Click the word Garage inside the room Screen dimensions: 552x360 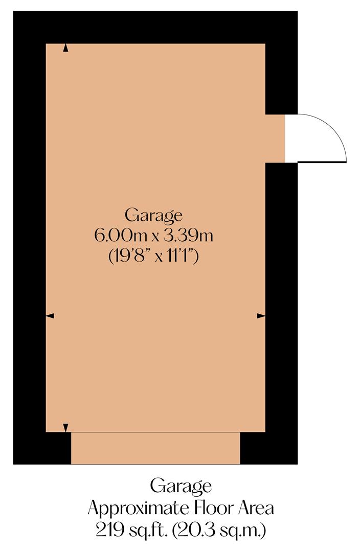(153, 215)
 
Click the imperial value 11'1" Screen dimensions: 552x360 (180, 256)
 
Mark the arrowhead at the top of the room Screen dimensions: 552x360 (65, 48)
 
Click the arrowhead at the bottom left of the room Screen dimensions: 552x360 (65, 428)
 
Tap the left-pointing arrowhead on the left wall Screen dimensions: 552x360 (50, 316)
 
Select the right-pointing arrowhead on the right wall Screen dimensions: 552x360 (261, 316)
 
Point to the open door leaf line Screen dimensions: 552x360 (322, 162)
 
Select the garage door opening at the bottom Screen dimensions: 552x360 (155, 448)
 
